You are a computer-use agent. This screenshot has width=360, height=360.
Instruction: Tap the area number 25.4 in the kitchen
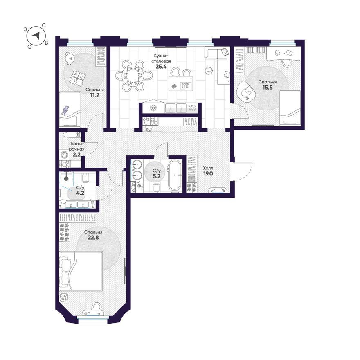coord(161,67)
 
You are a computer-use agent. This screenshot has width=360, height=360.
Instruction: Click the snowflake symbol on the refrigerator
coord(153,108)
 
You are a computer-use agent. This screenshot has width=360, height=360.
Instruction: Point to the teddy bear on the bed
coord(65,110)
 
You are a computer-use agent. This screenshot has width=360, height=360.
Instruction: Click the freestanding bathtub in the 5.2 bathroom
coord(175,175)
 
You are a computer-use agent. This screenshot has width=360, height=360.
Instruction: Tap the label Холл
coord(208,168)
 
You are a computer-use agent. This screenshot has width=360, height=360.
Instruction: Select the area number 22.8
coord(93,237)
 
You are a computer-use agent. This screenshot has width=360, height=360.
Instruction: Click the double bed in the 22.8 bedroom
coord(81,271)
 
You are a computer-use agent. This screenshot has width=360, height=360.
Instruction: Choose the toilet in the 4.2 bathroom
coord(85,177)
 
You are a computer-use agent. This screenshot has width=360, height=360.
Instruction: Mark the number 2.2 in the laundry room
coord(76,154)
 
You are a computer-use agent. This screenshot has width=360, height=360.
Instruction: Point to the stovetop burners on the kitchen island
coord(185,86)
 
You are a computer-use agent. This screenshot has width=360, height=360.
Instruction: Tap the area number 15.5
coord(267,87)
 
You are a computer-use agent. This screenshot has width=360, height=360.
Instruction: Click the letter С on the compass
coord(44,25)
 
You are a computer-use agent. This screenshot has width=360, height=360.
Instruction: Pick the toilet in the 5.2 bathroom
coord(156,188)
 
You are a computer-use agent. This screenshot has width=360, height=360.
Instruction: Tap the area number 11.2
coord(94,95)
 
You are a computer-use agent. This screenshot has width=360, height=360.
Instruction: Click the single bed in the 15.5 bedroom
coord(290,108)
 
